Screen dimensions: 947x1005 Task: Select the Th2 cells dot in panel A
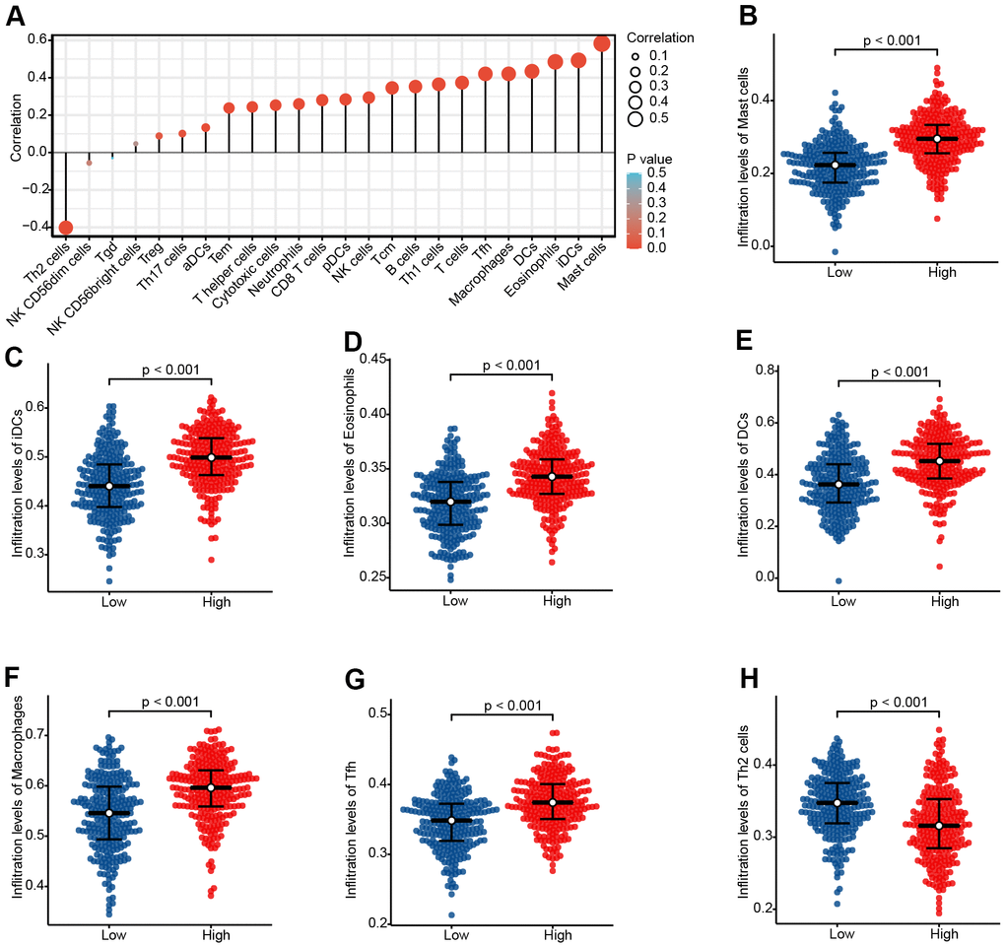coord(66,228)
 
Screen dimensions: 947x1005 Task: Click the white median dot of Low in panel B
coord(836,165)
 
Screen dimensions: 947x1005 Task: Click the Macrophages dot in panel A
coord(508,74)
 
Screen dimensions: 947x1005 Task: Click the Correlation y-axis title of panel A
coord(13,133)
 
